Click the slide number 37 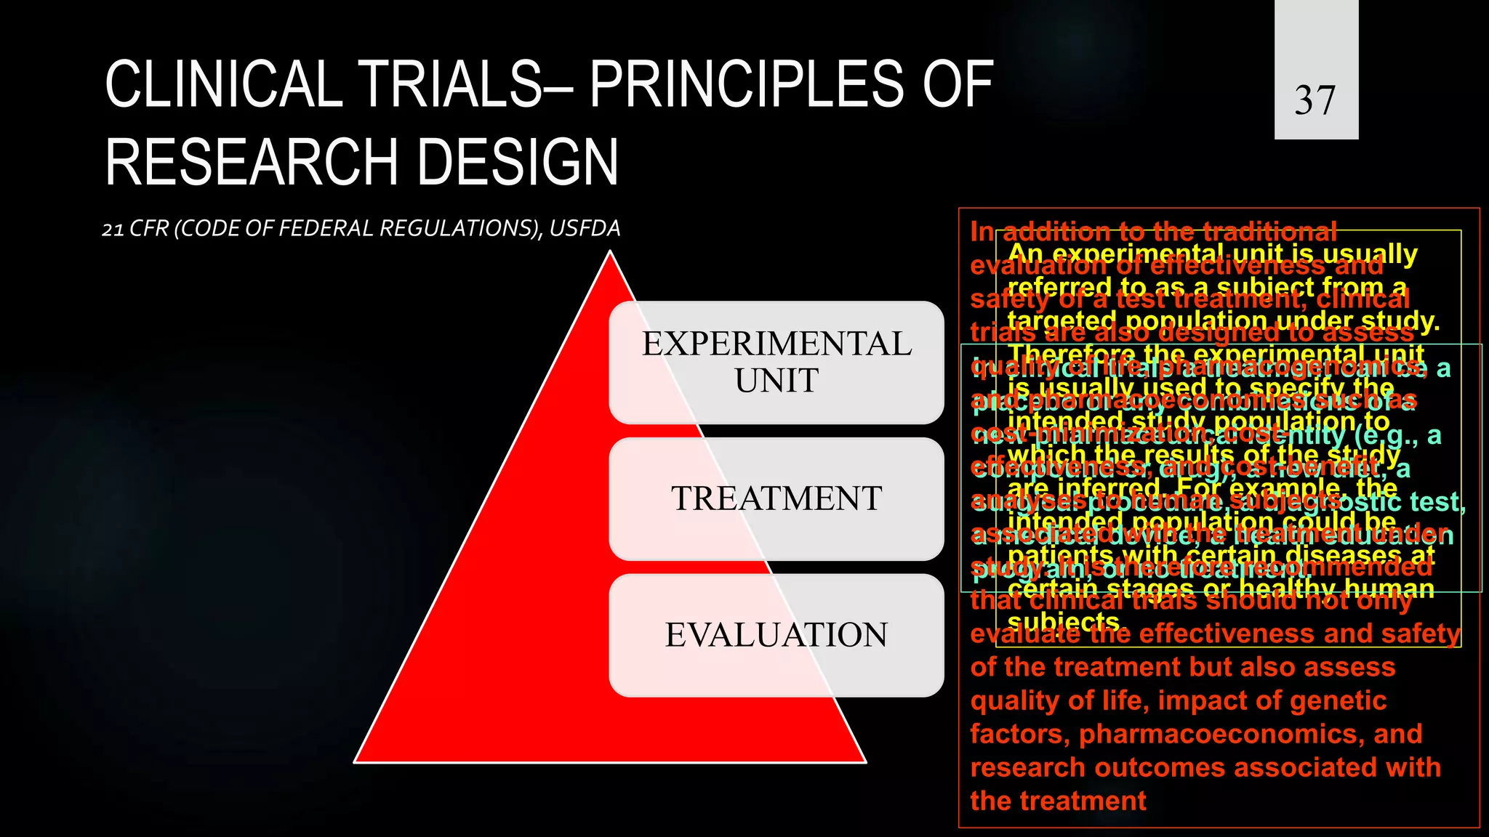click(1315, 100)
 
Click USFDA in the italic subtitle click(585, 229)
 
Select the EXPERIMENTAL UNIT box click(776, 362)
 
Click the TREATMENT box click(776, 498)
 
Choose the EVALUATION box click(776, 635)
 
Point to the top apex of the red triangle click(610, 253)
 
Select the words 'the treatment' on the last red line click(1058, 801)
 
